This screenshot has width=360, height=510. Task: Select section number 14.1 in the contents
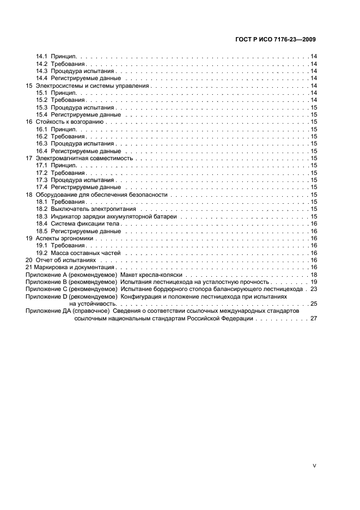pos(41,57)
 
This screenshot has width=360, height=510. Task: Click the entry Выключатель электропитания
pos(93,209)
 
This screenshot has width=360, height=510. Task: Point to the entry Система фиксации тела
pos(84,223)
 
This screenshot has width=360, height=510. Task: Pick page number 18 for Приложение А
pos(314,275)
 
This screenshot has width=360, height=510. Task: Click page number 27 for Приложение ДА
pos(314,318)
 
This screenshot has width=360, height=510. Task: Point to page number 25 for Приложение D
pos(314,303)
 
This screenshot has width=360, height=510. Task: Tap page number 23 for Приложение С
pos(314,289)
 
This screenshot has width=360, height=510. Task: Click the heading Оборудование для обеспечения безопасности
pos(101,195)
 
